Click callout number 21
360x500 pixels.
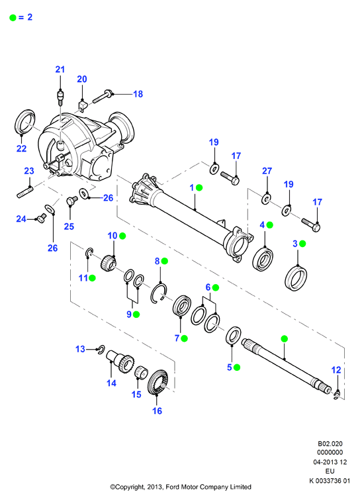[60, 69]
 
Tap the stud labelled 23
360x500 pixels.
[25, 193]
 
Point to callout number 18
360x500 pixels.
[138, 94]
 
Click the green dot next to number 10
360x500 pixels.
[122, 236]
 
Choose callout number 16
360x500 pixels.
[157, 411]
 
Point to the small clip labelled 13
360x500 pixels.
[101, 349]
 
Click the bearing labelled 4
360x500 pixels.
[263, 259]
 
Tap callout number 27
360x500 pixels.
[267, 171]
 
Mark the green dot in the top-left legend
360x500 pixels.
[13, 18]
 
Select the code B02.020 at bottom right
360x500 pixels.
[330, 444]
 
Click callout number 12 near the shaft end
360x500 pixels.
[336, 370]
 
